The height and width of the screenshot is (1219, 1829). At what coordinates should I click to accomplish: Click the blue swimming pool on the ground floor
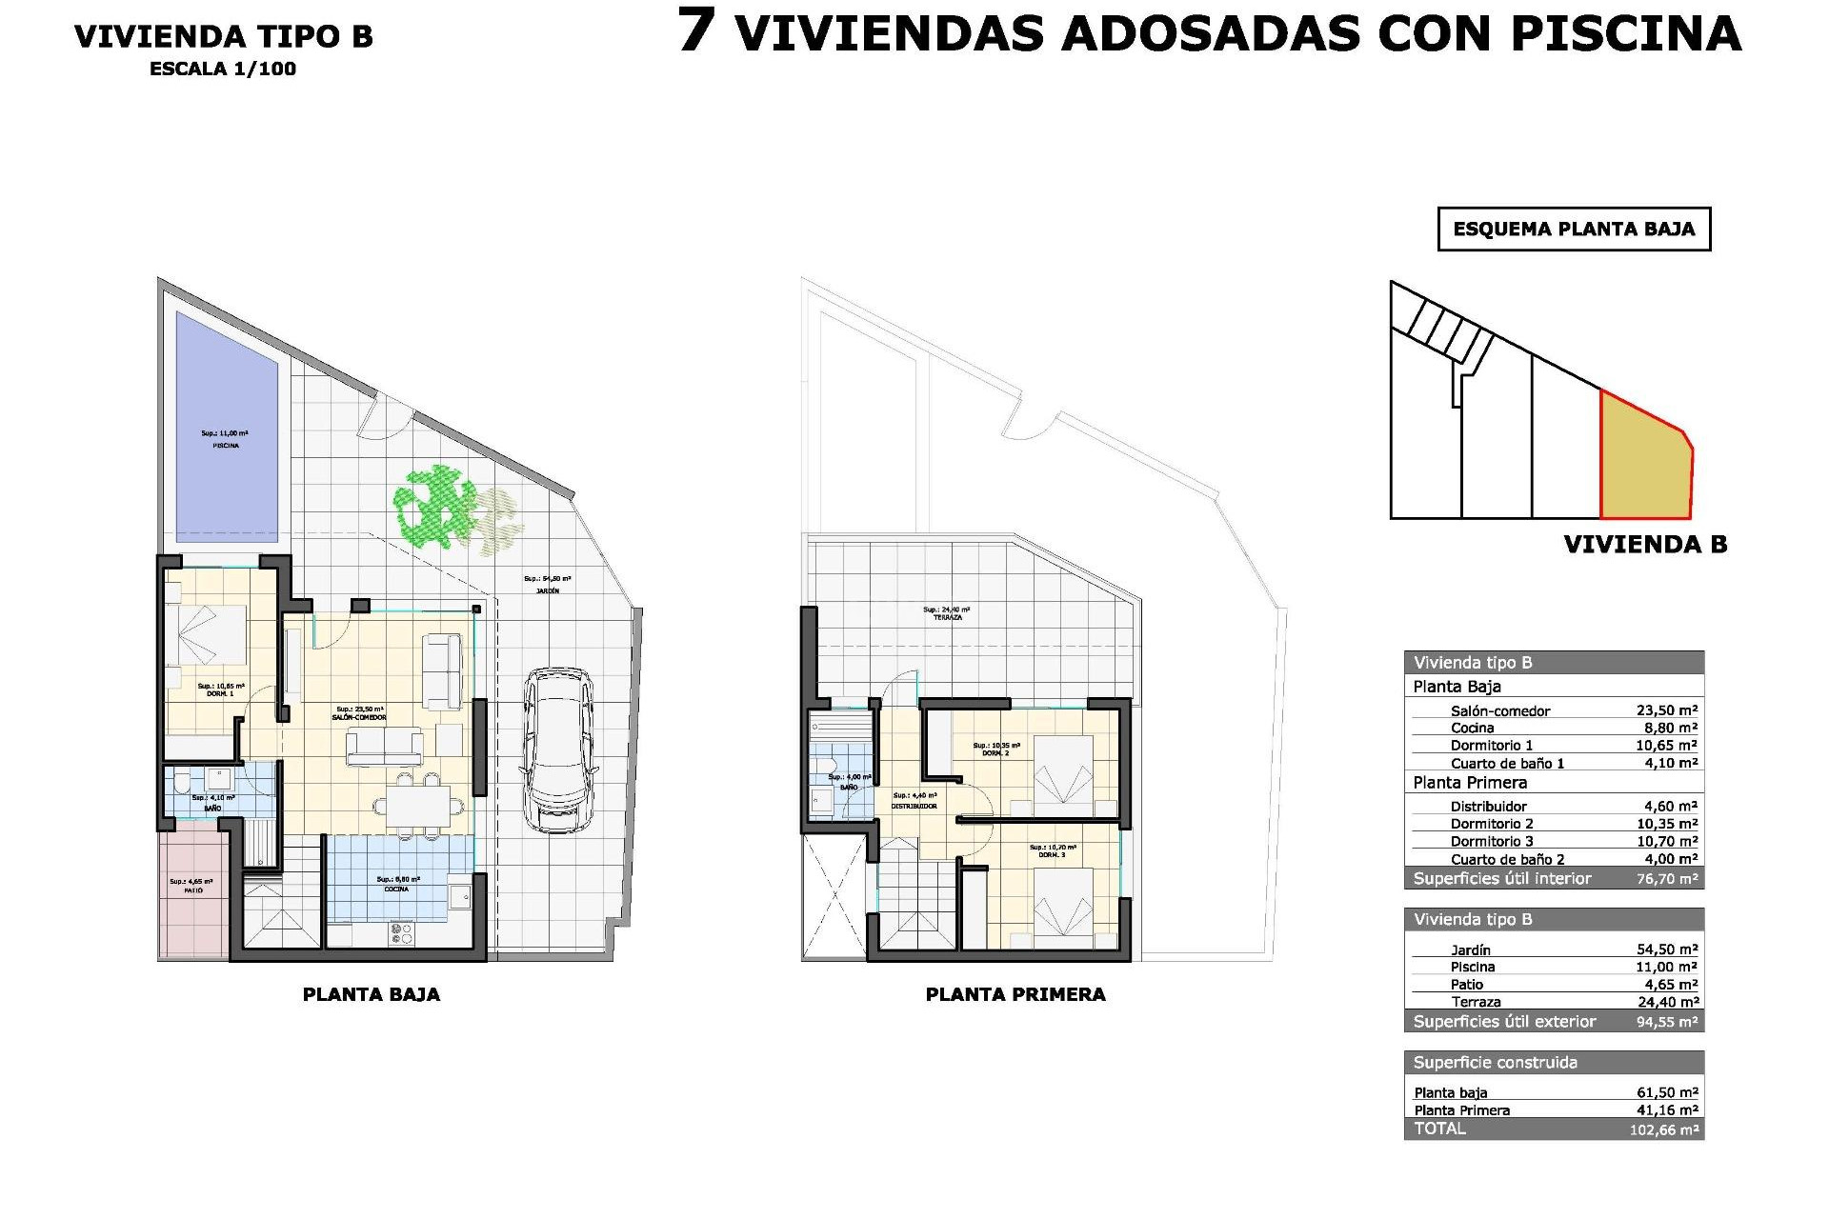coord(227,427)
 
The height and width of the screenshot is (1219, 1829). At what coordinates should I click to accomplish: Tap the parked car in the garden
coord(560,749)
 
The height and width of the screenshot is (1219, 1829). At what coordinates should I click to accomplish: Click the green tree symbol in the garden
coord(438,505)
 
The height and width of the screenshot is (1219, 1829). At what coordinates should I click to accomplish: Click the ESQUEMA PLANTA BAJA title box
coord(1574,229)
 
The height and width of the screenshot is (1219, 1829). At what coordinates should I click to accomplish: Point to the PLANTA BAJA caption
coord(372,994)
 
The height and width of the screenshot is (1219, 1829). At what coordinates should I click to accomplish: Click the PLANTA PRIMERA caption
coord(1015,994)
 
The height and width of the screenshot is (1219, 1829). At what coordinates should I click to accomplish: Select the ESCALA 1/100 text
coord(223,69)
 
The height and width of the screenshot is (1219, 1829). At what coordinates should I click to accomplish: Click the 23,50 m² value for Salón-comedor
coord(1667,710)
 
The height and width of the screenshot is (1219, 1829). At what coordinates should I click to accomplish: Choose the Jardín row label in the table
coord(1471,949)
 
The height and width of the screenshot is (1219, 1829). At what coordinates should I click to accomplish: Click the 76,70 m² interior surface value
coord(1667,878)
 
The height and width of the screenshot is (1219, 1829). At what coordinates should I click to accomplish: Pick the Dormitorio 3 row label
coord(1492,841)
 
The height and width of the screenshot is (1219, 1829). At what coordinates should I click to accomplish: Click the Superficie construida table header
coord(1496,1063)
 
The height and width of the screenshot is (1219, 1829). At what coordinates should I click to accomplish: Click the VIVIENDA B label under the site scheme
coord(1645,545)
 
